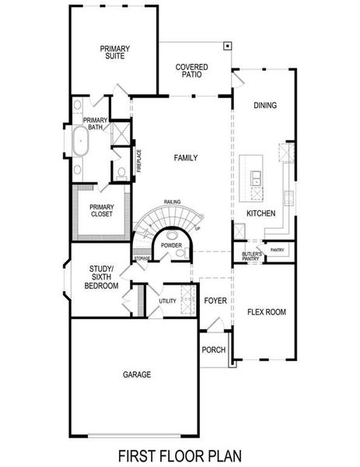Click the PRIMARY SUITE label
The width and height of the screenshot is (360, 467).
pyautogui.click(x=114, y=52)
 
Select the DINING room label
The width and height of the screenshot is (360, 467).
pyautogui.click(x=265, y=105)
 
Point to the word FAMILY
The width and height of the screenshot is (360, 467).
pyautogui.click(x=185, y=158)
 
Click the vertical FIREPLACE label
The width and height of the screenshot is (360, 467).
pyautogui.click(x=139, y=160)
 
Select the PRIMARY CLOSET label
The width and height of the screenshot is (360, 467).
pyautogui.click(x=102, y=210)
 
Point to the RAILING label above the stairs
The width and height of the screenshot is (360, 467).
pyautogui.click(x=172, y=202)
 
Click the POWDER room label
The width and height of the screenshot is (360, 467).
pyautogui.click(x=171, y=245)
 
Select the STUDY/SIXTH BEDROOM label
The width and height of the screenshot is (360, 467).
pyautogui.click(x=102, y=279)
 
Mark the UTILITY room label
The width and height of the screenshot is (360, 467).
pyautogui.click(x=167, y=300)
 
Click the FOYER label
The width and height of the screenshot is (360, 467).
pyautogui.click(x=215, y=300)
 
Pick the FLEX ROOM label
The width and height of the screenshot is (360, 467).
pyautogui.click(x=267, y=312)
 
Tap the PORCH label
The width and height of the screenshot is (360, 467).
pyautogui.click(x=213, y=349)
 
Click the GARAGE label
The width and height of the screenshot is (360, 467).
pyautogui.click(x=136, y=374)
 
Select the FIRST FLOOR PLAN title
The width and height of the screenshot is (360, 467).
pyautogui.click(x=180, y=455)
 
